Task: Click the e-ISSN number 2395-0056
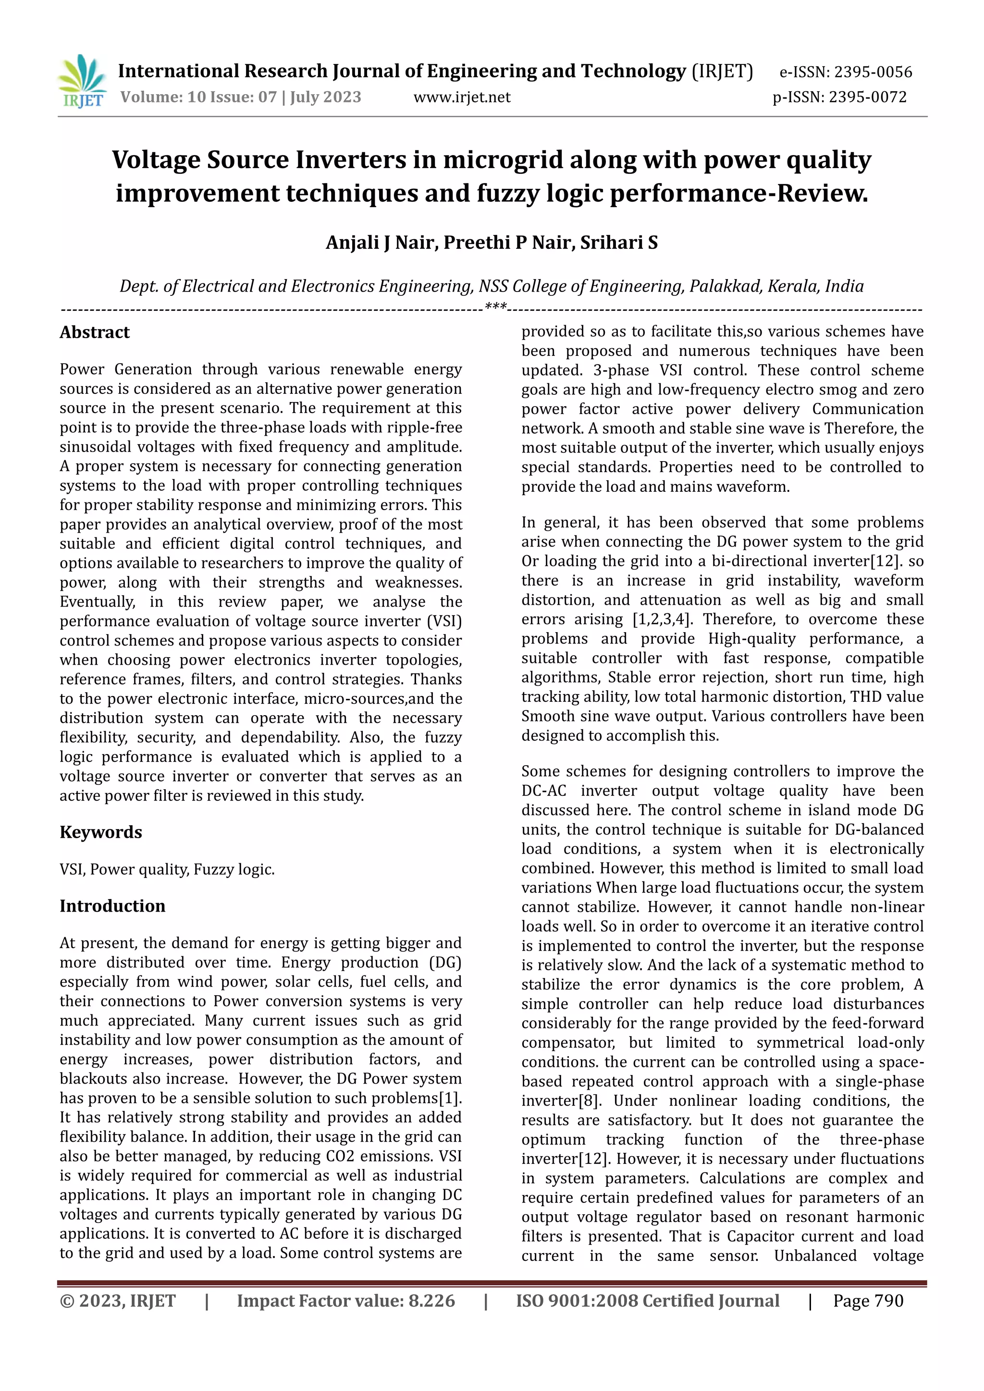873,73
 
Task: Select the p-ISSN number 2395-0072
868,98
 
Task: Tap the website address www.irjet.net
462,98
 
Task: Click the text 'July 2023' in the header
325,98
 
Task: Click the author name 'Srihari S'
619,243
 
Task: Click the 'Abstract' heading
95,332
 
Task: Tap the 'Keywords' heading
100,832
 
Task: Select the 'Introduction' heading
112,906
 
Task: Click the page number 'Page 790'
868,1301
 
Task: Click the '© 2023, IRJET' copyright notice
118,1301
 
